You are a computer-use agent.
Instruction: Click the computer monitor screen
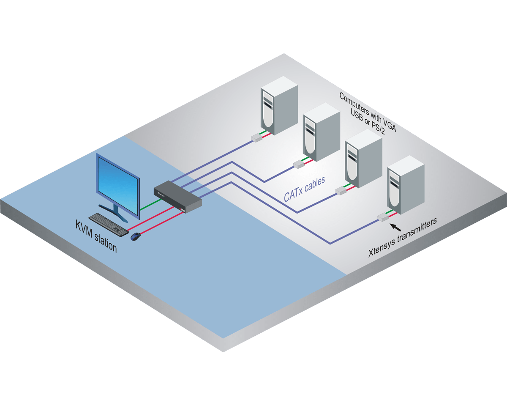[x=118, y=185]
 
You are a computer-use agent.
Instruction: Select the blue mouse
[x=136, y=236]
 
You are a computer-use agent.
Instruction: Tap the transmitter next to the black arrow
[x=383, y=217]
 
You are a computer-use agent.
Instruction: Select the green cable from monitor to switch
[x=150, y=206]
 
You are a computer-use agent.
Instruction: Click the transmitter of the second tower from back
[x=299, y=165]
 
